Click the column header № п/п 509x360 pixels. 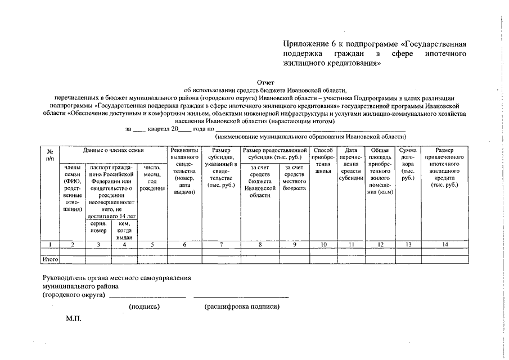[x=50, y=154]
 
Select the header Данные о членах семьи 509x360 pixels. [x=113, y=150]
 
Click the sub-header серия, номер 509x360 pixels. [x=98, y=227]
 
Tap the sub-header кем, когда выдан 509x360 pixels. [x=125, y=230]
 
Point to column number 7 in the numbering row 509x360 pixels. [x=220, y=245]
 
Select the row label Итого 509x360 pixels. [x=51, y=259]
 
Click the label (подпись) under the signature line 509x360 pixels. [x=145, y=307]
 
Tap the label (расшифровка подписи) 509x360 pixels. [x=241, y=307]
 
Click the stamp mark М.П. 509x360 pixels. [x=74, y=318]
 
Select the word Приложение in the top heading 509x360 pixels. [x=307, y=44]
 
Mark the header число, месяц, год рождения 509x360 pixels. [x=152, y=178]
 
